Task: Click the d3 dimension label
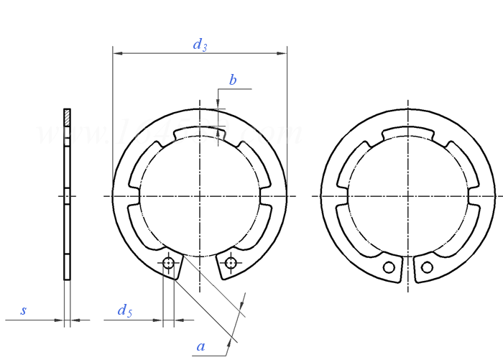[x=200, y=45]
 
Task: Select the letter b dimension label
[x=233, y=80]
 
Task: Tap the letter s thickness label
[x=24, y=311]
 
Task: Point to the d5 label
[x=125, y=310]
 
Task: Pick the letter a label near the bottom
[x=201, y=346]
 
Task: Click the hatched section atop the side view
[x=67, y=117]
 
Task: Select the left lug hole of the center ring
[x=168, y=264]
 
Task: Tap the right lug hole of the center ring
[x=230, y=263]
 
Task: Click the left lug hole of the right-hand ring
[x=389, y=267]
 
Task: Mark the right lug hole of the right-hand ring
[x=428, y=267]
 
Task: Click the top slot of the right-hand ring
[x=408, y=134]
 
